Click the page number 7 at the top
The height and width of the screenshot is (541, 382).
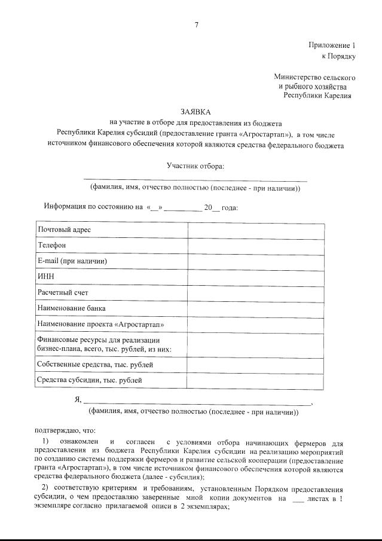[x=196, y=24]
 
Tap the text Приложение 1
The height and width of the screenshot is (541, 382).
[x=332, y=45]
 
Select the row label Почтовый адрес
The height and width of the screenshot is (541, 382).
[x=65, y=230]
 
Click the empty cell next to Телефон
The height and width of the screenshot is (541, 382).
[x=256, y=245]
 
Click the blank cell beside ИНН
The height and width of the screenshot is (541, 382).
[x=256, y=277]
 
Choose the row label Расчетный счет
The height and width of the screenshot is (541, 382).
[x=63, y=292]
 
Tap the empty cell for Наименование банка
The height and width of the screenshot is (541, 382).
[x=256, y=308]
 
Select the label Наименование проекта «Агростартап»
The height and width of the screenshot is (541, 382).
[x=100, y=324]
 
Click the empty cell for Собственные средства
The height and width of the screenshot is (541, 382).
[x=256, y=364]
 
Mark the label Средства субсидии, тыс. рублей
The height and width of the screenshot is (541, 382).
[x=89, y=380]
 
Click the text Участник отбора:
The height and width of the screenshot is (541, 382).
[x=195, y=166]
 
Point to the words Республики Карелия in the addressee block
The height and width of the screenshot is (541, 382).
[x=317, y=94]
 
